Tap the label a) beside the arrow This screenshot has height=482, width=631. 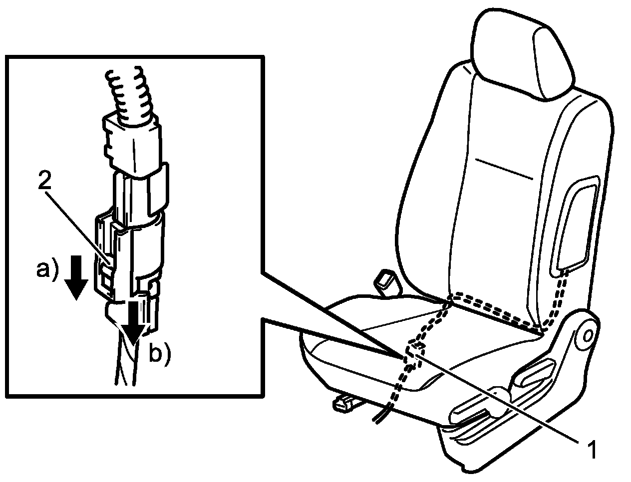tap(46, 269)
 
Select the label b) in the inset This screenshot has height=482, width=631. tap(160, 355)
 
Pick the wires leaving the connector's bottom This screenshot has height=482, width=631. tap(125, 364)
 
